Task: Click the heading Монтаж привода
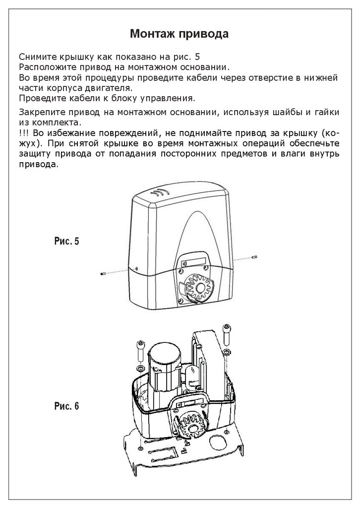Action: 179,34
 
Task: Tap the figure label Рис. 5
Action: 66,242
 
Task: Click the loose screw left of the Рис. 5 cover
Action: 103,273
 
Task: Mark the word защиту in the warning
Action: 36,154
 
